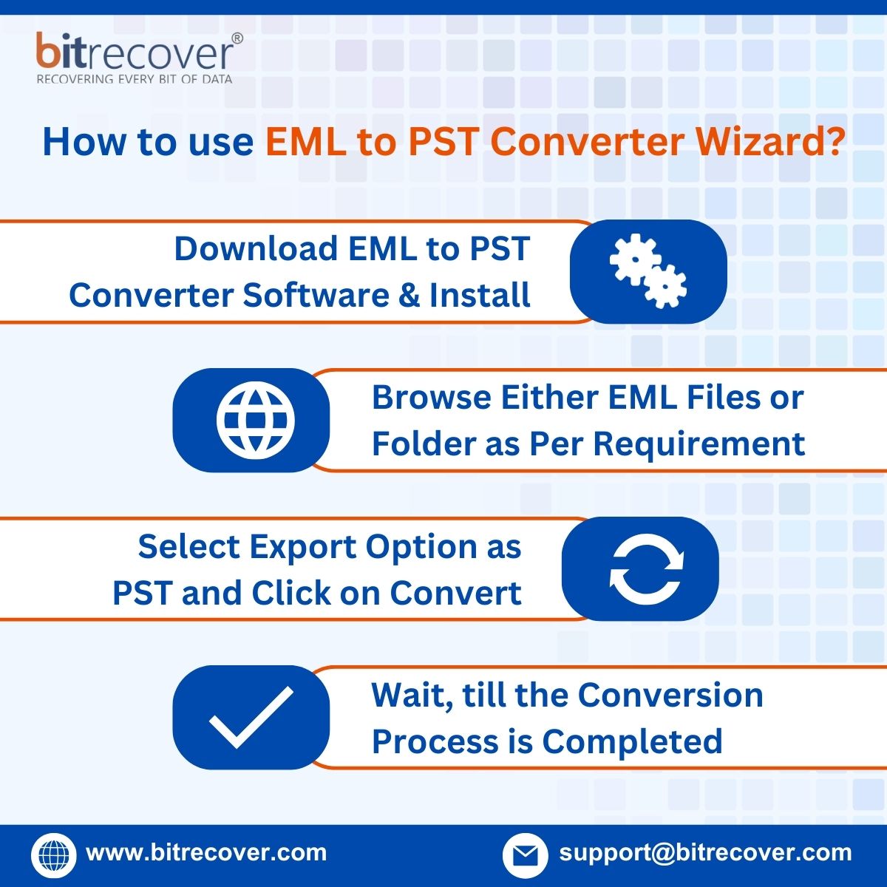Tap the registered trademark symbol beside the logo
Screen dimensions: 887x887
[237, 38]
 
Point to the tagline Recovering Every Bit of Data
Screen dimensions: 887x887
[135, 79]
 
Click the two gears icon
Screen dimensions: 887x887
[648, 271]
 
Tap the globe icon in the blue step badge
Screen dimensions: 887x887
[255, 420]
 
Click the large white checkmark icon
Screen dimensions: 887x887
[251, 716]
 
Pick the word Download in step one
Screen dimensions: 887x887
[254, 249]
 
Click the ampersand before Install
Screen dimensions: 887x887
[409, 295]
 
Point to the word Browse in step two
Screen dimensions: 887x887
[430, 398]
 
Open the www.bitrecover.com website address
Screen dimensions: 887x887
[206, 852]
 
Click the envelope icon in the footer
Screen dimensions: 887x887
[525, 855]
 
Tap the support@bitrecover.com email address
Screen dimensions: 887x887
[705, 852]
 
